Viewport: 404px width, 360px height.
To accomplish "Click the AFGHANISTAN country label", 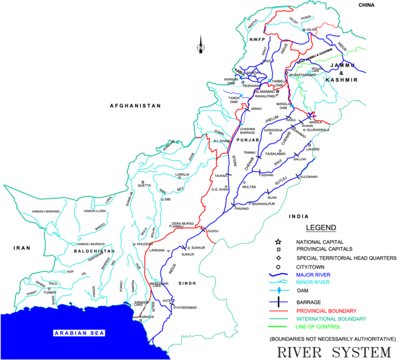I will pyautogui.click(x=135, y=106).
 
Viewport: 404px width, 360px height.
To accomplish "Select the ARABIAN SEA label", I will pyautogui.click(x=79, y=333).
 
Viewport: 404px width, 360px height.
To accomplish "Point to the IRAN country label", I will pyautogui.click(x=22, y=247).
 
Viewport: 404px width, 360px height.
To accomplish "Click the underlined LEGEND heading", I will pyautogui.click(x=322, y=228).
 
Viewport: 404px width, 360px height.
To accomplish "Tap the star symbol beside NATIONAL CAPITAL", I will pyautogui.click(x=279, y=241).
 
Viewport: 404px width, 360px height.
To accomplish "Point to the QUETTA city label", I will pyautogui.click(x=145, y=185).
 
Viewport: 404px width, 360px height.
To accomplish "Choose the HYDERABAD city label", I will pyautogui.click(x=185, y=307).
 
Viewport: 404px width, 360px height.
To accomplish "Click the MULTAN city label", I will pyautogui.click(x=249, y=187).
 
